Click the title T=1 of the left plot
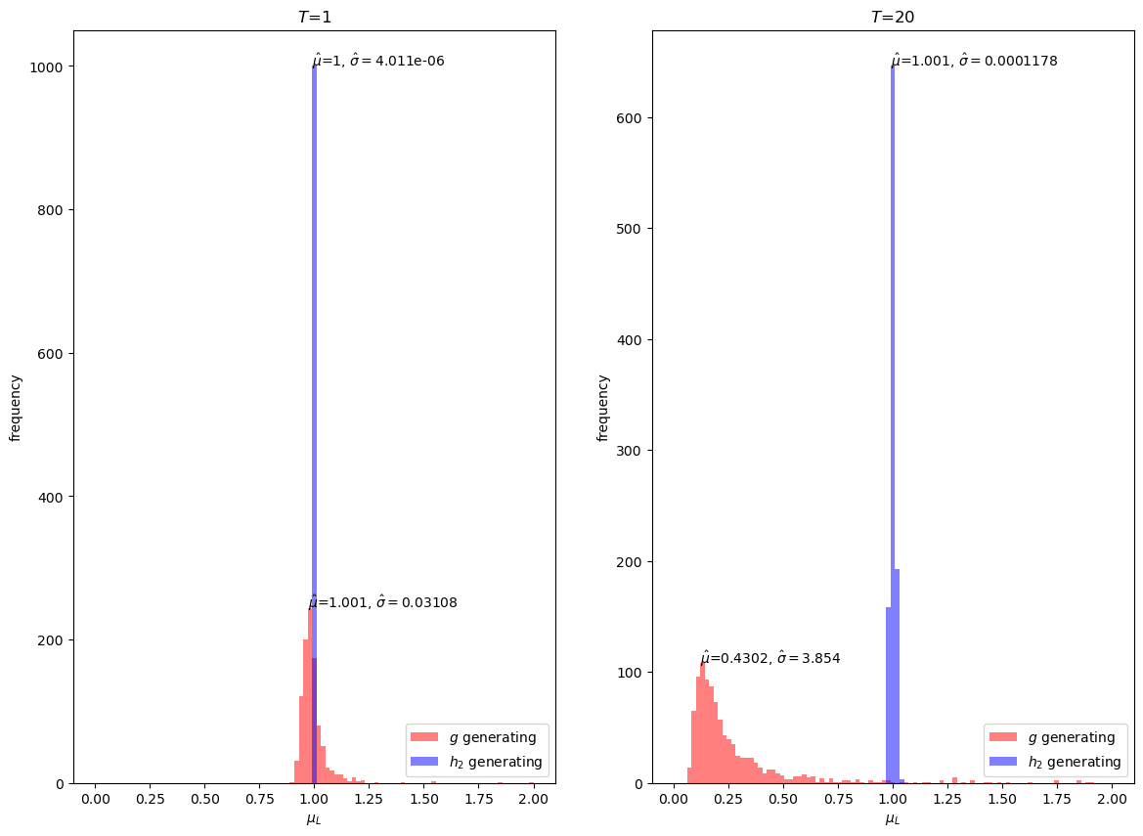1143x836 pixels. coord(314,17)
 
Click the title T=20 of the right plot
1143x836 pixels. coord(893,17)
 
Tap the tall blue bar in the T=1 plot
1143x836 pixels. coord(314,391)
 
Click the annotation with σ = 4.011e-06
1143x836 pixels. coord(378,61)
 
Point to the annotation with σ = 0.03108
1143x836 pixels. coord(383,602)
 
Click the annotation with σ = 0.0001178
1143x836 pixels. coord(974,61)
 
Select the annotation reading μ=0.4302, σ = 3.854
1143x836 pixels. coord(770,658)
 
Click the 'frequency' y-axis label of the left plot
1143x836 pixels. coord(16,408)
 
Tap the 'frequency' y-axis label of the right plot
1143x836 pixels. coord(603,408)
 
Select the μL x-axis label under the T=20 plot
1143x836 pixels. coord(893,819)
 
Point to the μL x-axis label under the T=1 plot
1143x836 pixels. coord(314,819)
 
